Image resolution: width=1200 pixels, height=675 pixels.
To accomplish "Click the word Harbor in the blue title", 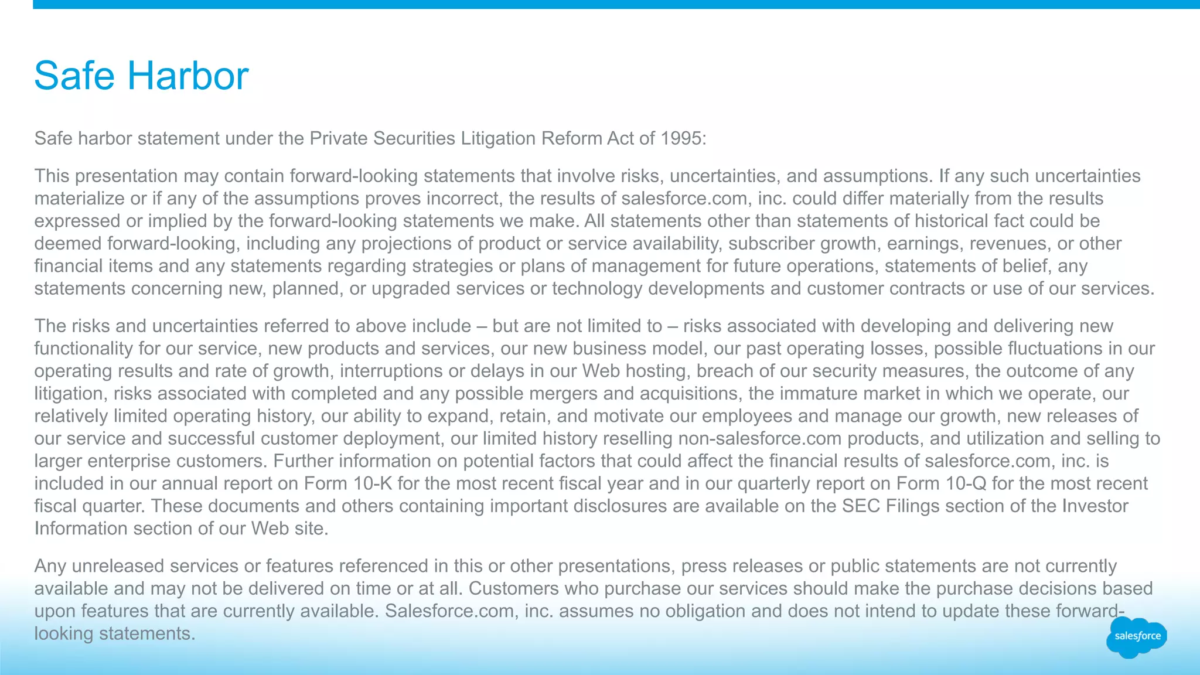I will coord(187,76).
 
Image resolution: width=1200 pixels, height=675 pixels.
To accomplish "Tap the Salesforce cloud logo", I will coord(1137,637).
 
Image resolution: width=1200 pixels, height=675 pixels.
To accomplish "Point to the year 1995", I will coord(681,139).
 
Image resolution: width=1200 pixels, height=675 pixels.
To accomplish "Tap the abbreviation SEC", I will coord(861,506).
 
